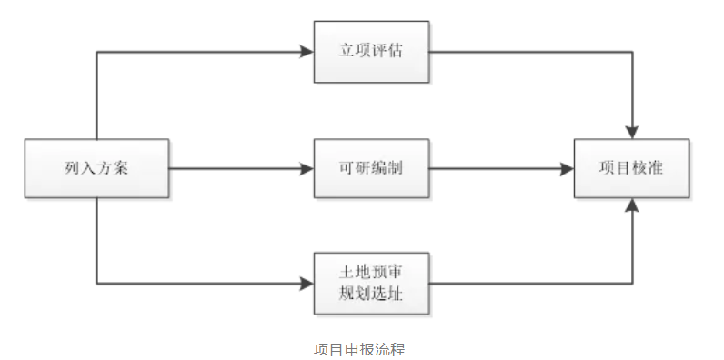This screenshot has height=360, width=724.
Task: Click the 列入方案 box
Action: (97, 168)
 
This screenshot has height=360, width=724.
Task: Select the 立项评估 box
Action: (371, 51)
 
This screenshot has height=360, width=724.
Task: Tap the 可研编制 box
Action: (371, 168)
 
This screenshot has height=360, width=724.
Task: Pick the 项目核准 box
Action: (630, 168)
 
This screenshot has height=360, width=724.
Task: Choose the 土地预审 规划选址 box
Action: (371, 283)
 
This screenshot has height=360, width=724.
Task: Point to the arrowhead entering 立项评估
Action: (307, 51)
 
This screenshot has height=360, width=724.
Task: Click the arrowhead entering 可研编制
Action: (307, 168)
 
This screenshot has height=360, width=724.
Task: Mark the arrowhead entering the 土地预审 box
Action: (307, 284)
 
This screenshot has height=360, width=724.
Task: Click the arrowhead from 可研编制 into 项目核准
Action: (567, 168)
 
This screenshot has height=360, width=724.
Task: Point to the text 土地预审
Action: (371, 272)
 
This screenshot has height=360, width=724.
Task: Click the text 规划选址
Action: (371, 295)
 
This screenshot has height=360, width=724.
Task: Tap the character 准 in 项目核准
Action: (655, 168)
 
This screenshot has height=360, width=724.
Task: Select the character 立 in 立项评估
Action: (347, 51)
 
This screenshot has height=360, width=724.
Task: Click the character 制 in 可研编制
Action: (396, 168)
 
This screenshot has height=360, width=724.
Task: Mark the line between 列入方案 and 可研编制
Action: (236, 168)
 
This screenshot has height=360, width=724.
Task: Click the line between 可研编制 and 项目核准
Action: (496, 168)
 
